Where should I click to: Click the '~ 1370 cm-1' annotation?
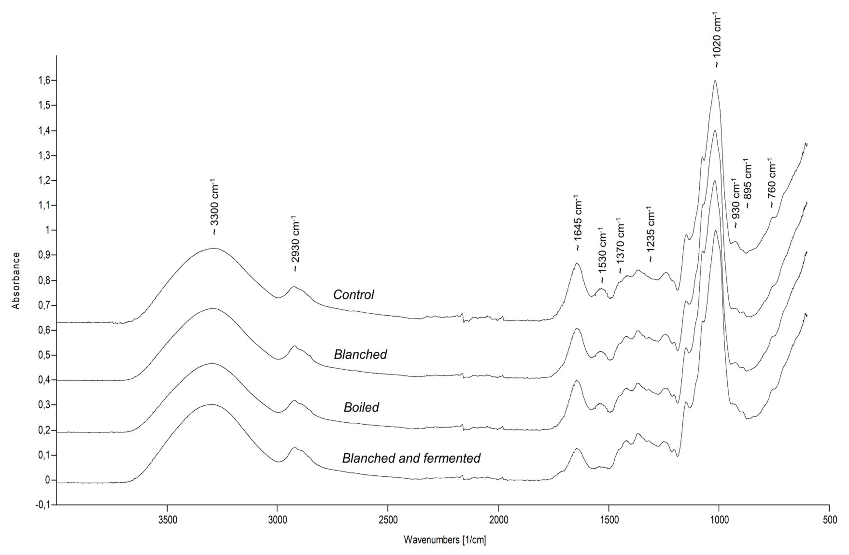click(x=621, y=246)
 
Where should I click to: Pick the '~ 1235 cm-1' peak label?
click(x=651, y=235)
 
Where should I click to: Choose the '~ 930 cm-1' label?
click(x=736, y=203)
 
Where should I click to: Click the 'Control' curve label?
click(x=354, y=295)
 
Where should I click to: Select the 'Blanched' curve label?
click(x=360, y=354)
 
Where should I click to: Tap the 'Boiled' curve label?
click(x=361, y=407)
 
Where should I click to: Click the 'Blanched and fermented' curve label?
click(x=411, y=458)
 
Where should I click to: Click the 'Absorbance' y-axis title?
click(x=16, y=281)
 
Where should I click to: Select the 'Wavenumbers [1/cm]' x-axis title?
click(x=445, y=540)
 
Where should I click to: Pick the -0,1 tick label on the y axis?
click(x=42, y=505)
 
